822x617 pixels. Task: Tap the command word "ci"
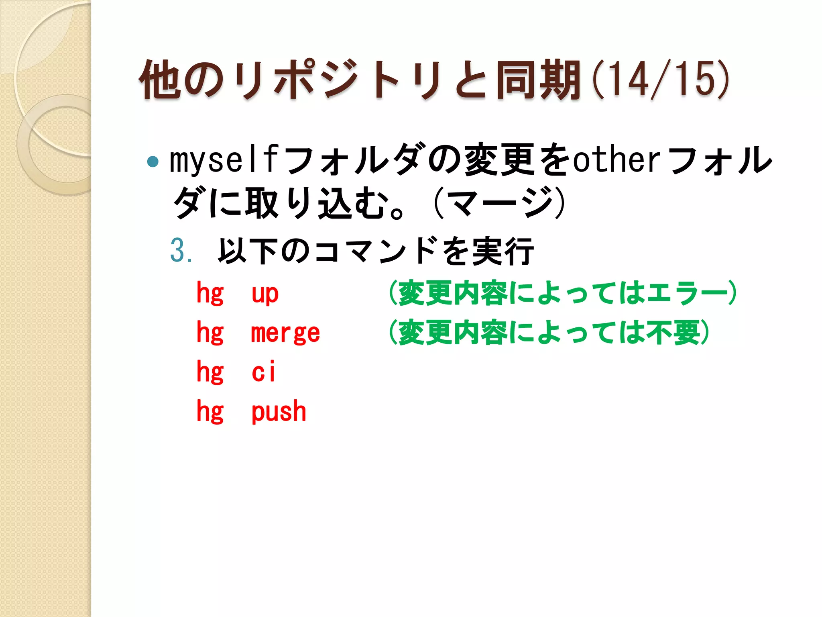click(264, 372)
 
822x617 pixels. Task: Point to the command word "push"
click(279, 411)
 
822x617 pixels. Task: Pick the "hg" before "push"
click(210, 411)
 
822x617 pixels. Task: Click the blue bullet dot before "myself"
click(153, 161)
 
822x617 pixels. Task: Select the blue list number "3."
click(181, 251)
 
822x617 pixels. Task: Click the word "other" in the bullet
click(616, 160)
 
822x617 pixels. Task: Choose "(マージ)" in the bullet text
click(499, 203)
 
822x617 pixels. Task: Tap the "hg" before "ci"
click(210, 372)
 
